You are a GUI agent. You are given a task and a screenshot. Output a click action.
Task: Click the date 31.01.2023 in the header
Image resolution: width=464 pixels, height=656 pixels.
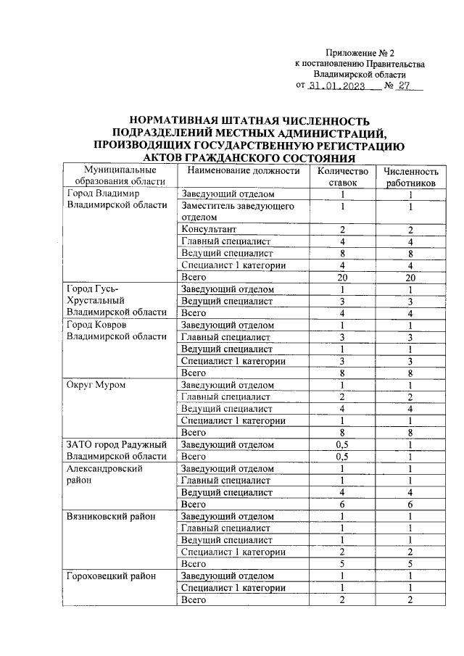(335, 86)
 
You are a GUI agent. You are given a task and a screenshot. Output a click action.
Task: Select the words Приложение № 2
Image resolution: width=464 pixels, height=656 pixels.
(360, 53)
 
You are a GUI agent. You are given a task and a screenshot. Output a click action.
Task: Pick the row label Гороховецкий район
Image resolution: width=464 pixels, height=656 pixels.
(110, 576)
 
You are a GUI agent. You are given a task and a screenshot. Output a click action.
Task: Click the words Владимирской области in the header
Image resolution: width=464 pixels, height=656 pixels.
(360, 74)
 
